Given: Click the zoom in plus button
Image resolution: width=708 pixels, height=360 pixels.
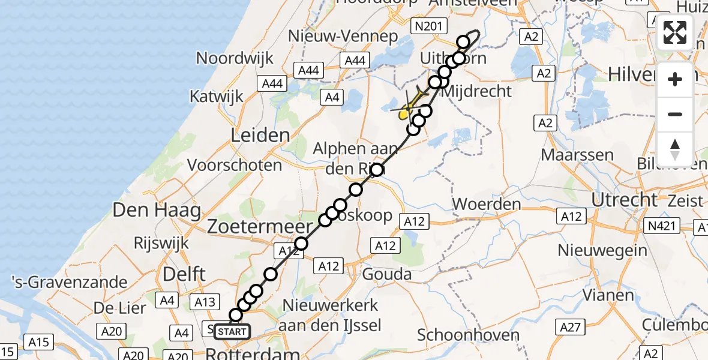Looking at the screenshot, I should [x=675, y=79].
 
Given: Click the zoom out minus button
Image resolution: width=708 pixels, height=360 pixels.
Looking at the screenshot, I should [x=675, y=114].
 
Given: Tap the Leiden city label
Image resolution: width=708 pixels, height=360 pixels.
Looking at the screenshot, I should [x=260, y=135].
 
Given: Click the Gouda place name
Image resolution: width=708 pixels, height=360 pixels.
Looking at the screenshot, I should [x=387, y=275].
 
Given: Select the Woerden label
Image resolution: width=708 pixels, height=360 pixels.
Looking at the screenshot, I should [x=487, y=203].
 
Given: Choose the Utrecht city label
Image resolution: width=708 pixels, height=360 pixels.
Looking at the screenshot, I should [x=625, y=199].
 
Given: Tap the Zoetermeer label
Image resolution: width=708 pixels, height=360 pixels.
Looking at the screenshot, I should [x=260, y=227].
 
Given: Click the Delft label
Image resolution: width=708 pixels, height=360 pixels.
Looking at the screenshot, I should [x=184, y=275].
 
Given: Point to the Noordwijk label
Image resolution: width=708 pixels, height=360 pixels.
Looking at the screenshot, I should [x=235, y=58].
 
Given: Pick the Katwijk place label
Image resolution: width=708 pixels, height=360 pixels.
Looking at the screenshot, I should [x=217, y=96].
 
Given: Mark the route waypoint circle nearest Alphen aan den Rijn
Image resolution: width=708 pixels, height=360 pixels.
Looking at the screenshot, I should [x=376, y=170].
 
